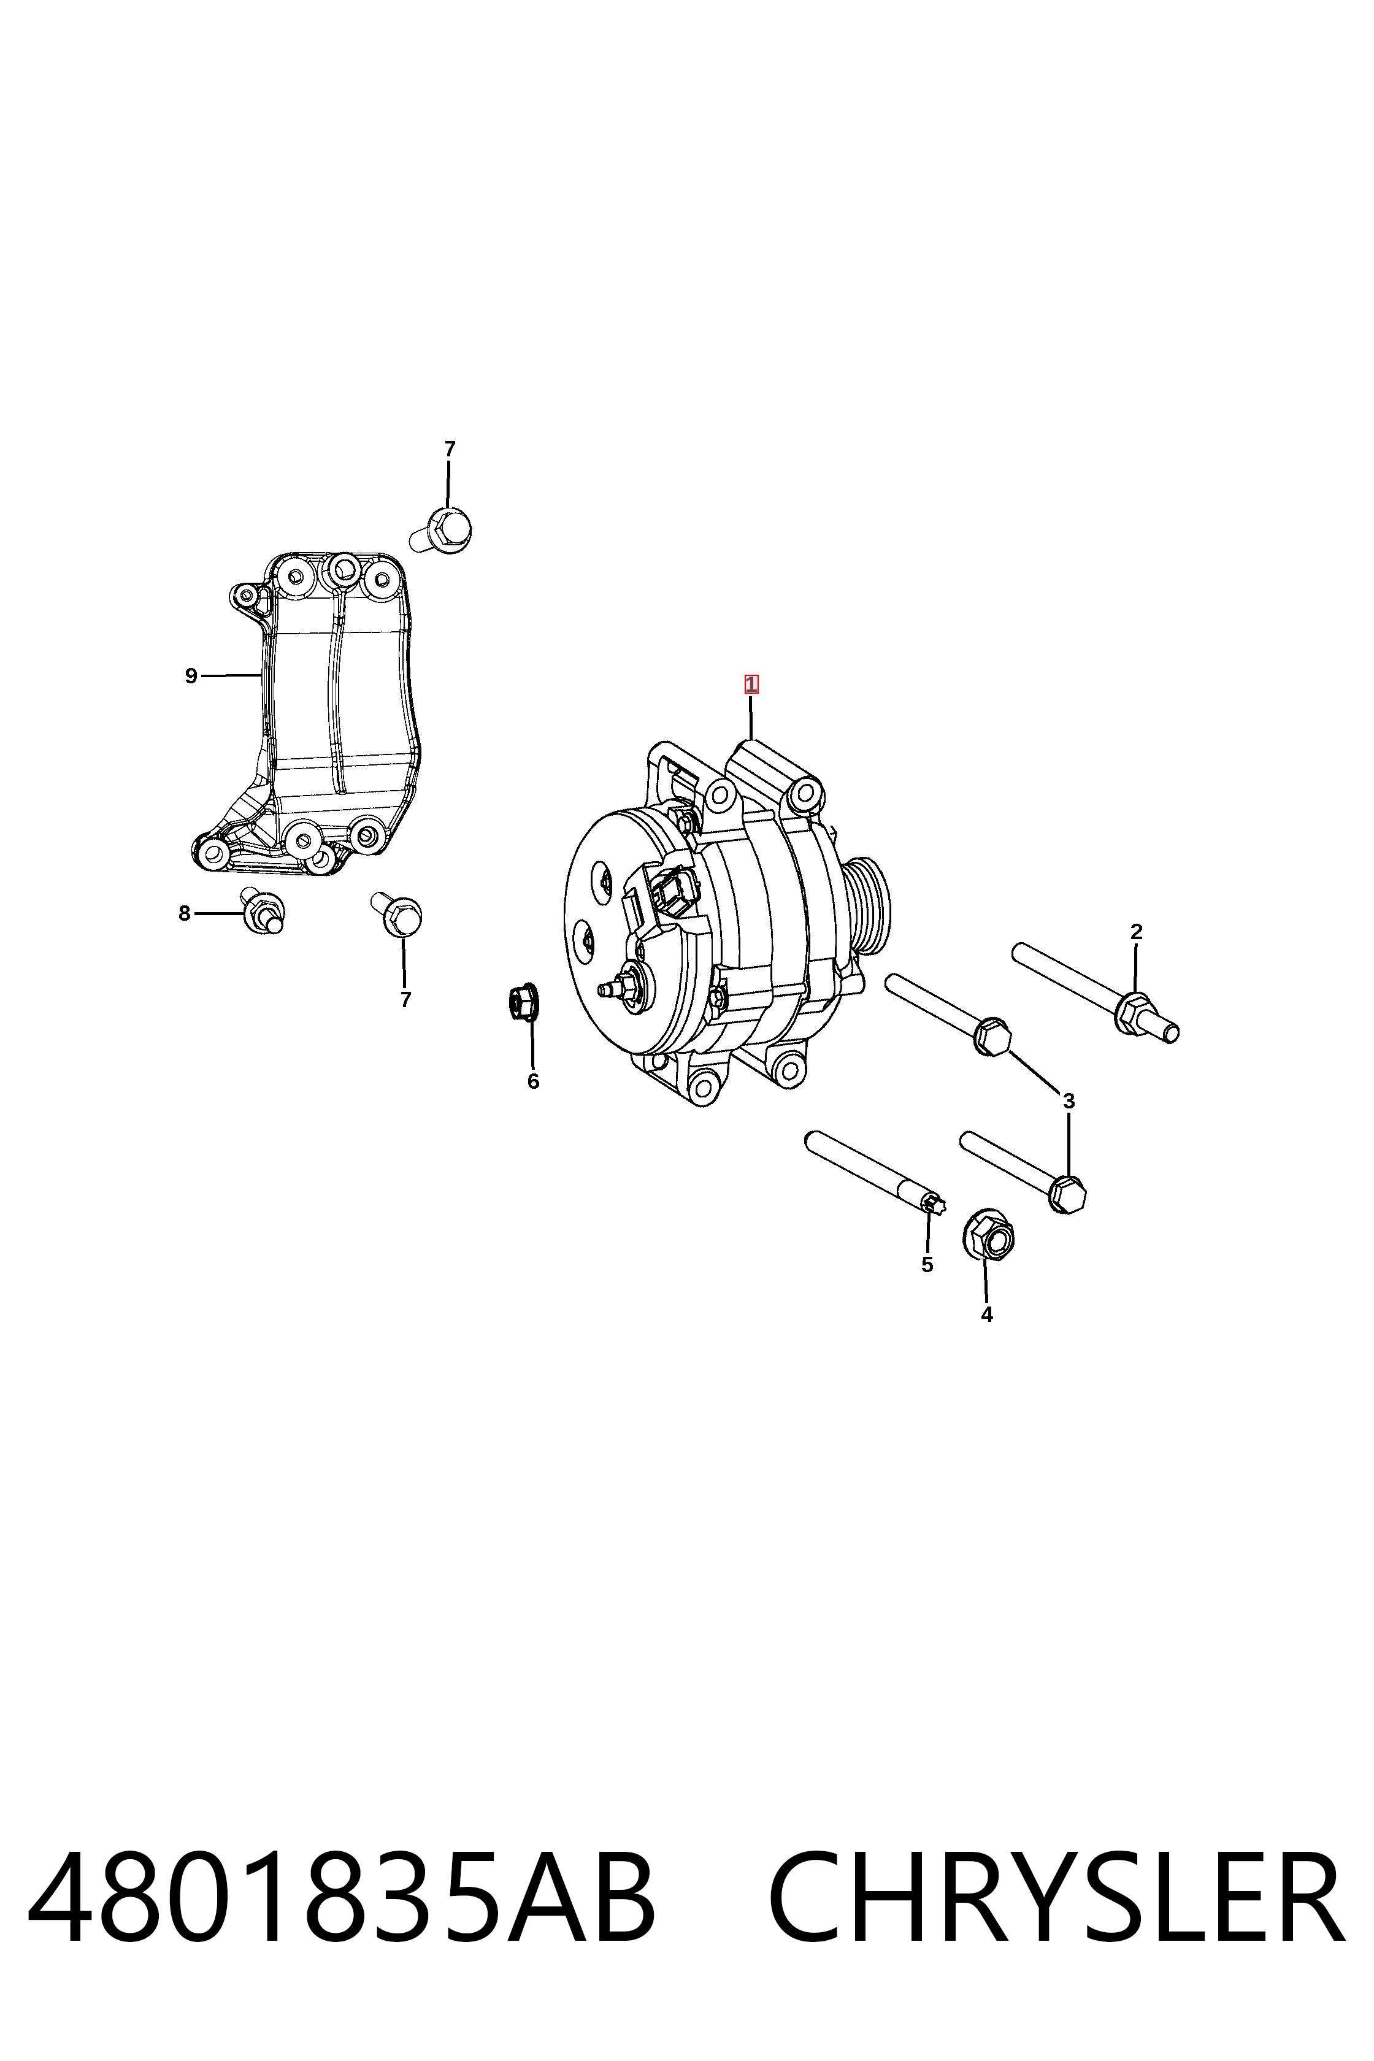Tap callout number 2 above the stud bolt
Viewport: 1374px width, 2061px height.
tap(1137, 932)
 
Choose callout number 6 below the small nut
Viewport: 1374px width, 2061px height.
tap(533, 1081)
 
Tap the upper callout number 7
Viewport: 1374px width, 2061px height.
tap(450, 448)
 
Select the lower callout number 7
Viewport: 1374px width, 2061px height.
tap(405, 999)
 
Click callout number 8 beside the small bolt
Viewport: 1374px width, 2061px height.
tap(184, 914)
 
